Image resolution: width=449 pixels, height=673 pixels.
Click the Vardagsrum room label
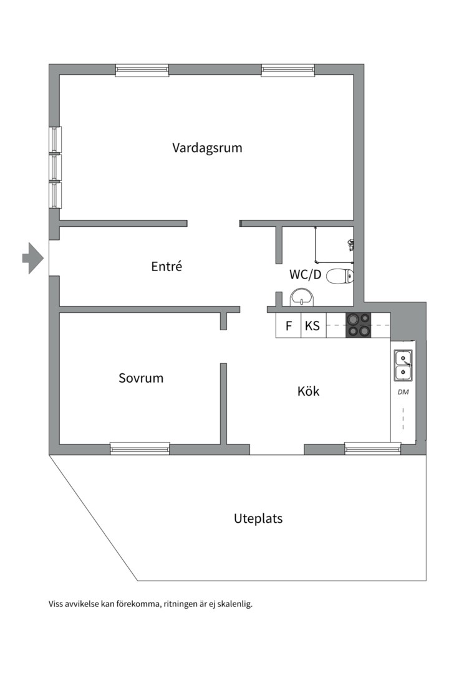coord(207,148)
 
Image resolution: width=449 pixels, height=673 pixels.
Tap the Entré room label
coord(167,267)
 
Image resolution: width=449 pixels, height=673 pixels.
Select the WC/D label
coord(305,275)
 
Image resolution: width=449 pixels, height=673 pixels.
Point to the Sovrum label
coord(141,378)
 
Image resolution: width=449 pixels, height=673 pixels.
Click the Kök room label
coord(308,392)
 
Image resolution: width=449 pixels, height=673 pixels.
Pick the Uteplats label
coord(258,518)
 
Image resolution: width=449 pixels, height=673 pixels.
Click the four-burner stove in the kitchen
coord(358,325)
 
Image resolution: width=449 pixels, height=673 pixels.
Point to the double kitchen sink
coord(403,366)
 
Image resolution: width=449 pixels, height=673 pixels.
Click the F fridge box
coord(288,326)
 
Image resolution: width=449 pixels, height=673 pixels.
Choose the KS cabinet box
coord(312,326)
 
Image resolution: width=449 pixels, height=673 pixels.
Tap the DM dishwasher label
coord(403,392)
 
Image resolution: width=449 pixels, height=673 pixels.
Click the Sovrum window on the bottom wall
coord(140,447)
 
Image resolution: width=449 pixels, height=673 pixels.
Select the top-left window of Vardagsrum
coord(142,70)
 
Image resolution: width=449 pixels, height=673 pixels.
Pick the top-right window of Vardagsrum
coord(287,70)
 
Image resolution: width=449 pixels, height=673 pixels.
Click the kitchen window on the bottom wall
coord(372,447)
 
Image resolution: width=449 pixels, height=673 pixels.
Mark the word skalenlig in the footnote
coord(234,604)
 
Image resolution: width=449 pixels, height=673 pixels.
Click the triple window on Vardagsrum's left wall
coord(56,167)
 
